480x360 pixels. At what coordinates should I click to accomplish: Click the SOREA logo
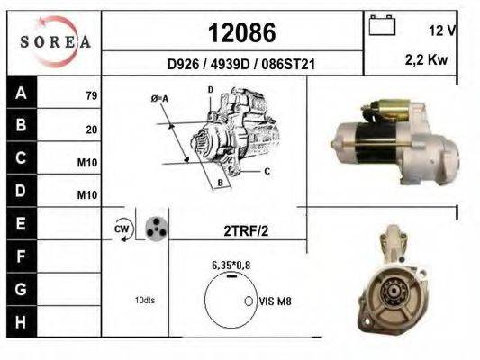55,41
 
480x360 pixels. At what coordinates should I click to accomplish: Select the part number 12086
242,32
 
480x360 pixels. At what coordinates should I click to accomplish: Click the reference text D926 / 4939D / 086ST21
241,65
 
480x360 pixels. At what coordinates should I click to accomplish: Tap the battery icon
382,25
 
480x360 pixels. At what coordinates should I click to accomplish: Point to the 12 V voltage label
442,31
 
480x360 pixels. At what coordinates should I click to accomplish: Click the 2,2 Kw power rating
426,59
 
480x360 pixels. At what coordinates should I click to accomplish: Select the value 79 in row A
92,96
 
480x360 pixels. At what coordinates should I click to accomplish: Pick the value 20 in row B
92,130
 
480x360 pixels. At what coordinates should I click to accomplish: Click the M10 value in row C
87,163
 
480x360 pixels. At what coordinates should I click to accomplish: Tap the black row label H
22,322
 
